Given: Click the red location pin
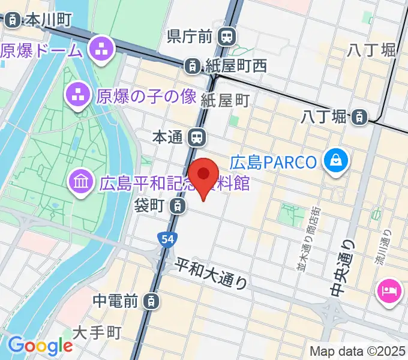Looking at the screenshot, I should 203,175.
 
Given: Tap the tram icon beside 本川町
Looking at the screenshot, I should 12,20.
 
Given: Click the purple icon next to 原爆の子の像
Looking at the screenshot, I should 77,94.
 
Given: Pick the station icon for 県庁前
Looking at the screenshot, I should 227,37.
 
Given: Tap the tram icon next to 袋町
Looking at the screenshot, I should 176,206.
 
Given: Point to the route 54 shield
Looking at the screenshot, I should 167,239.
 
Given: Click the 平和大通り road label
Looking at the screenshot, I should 211,273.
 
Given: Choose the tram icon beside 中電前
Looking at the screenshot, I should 154,299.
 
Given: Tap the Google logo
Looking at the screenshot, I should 40,346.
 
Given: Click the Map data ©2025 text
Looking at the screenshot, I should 357,352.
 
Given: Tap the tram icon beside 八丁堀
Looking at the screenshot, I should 359,116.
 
